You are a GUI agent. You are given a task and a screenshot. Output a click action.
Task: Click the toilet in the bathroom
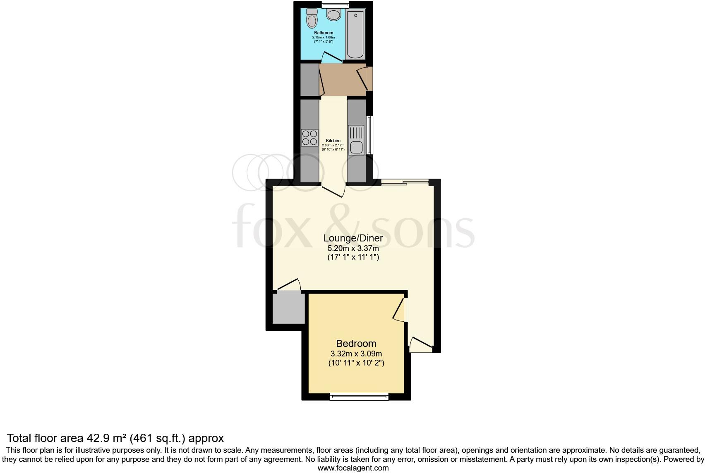(x=312, y=19)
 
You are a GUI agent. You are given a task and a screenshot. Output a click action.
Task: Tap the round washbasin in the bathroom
(x=333, y=15)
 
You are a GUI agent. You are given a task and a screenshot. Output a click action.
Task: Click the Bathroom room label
(x=324, y=33)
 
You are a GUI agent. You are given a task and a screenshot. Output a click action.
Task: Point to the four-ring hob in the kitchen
(x=309, y=138)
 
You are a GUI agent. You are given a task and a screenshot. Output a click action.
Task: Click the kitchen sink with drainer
(x=356, y=141)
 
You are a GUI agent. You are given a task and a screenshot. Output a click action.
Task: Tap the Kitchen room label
(x=333, y=141)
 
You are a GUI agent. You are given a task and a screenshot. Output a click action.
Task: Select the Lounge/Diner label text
(x=353, y=239)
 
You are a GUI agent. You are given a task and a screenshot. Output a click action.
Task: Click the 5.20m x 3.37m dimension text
(x=353, y=248)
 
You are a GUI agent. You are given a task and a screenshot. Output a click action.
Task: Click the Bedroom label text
(x=356, y=344)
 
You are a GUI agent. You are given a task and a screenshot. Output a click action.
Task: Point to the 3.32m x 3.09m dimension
(x=356, y=354)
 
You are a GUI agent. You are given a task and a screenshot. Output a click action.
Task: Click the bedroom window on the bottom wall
(x=359, y=397)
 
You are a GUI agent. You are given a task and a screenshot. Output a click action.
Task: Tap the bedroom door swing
(x=398, y=311)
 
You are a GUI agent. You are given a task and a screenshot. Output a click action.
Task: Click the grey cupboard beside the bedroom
(x=288, y=308)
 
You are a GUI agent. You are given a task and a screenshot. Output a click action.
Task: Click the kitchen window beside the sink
(x=370, y=135)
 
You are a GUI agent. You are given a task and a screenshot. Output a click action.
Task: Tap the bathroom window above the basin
(x=335, y=5)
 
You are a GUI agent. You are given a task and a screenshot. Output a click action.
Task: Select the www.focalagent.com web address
(x=353, y=468)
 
